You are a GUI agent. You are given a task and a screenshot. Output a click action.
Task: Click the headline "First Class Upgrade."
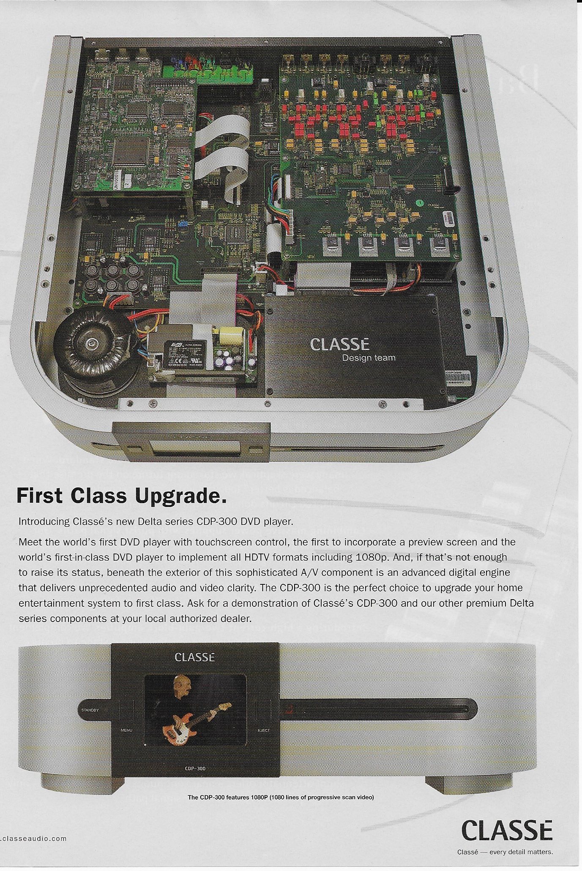(x=121, y=496)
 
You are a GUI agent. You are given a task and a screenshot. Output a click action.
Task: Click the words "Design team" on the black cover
(x=369, y=358)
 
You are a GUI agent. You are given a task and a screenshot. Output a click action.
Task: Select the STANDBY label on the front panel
(x=90, y=710)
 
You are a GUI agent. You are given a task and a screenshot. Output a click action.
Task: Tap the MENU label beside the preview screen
(x=126, y=730)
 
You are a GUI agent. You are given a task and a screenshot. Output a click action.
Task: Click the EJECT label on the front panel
(x=264, y=730)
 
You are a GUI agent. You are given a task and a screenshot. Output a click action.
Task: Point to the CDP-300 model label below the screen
(x=195, y=768)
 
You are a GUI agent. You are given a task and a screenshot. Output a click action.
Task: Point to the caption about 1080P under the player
(x=281, y=797)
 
